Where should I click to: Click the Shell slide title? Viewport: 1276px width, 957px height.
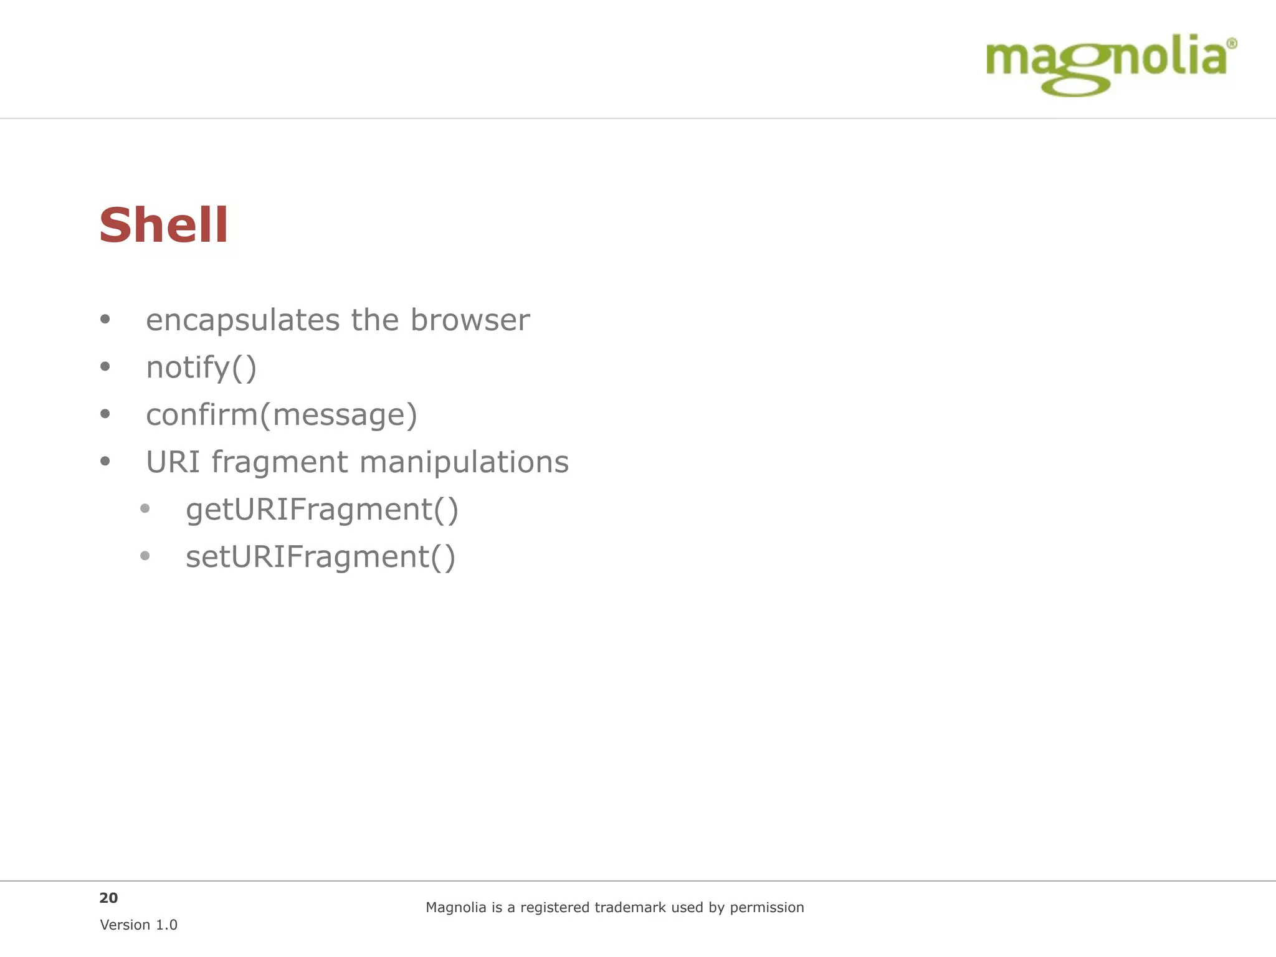163,225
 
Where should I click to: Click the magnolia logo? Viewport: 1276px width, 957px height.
1106,63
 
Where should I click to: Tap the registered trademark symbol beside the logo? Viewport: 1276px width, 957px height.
1231,44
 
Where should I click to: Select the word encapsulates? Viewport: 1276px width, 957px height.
242,320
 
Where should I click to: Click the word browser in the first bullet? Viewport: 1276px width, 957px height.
470,320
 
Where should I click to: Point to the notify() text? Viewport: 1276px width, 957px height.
201,368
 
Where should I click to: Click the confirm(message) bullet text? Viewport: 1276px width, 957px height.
281,415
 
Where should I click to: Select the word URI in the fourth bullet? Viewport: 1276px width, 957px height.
173,462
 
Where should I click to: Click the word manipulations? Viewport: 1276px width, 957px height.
464,462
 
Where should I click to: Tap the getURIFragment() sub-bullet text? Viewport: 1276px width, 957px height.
322,510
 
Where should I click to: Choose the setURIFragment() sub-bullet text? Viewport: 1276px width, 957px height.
320,557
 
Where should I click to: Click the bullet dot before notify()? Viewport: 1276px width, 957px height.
105,367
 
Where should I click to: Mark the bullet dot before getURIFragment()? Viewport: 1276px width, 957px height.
145,508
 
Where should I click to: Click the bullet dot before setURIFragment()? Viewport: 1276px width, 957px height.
145,556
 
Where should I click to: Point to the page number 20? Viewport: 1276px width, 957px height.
108,898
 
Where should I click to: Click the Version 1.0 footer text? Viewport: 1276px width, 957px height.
138,925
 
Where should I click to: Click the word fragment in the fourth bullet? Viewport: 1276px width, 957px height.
279,462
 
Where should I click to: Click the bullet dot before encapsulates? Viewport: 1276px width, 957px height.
105,320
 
